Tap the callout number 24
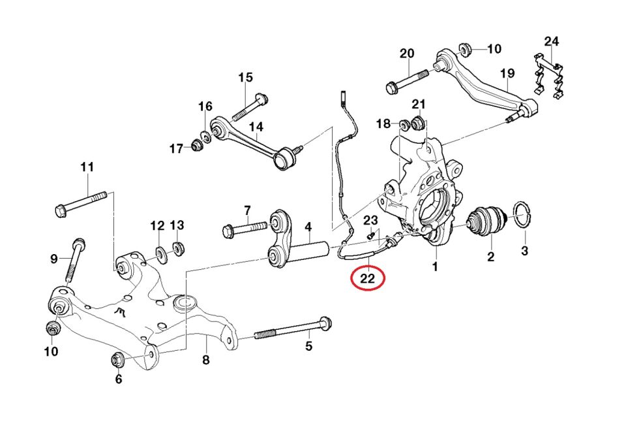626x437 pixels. (x=552, y=42)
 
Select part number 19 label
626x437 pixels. (x=508, y=74)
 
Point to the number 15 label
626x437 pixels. (x=245, y=78)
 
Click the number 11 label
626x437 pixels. (x=87, y=167)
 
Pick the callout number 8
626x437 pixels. (x=205, y=359)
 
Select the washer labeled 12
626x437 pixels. (x=160, y=251)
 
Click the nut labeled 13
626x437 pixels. (x=177, y=248)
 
